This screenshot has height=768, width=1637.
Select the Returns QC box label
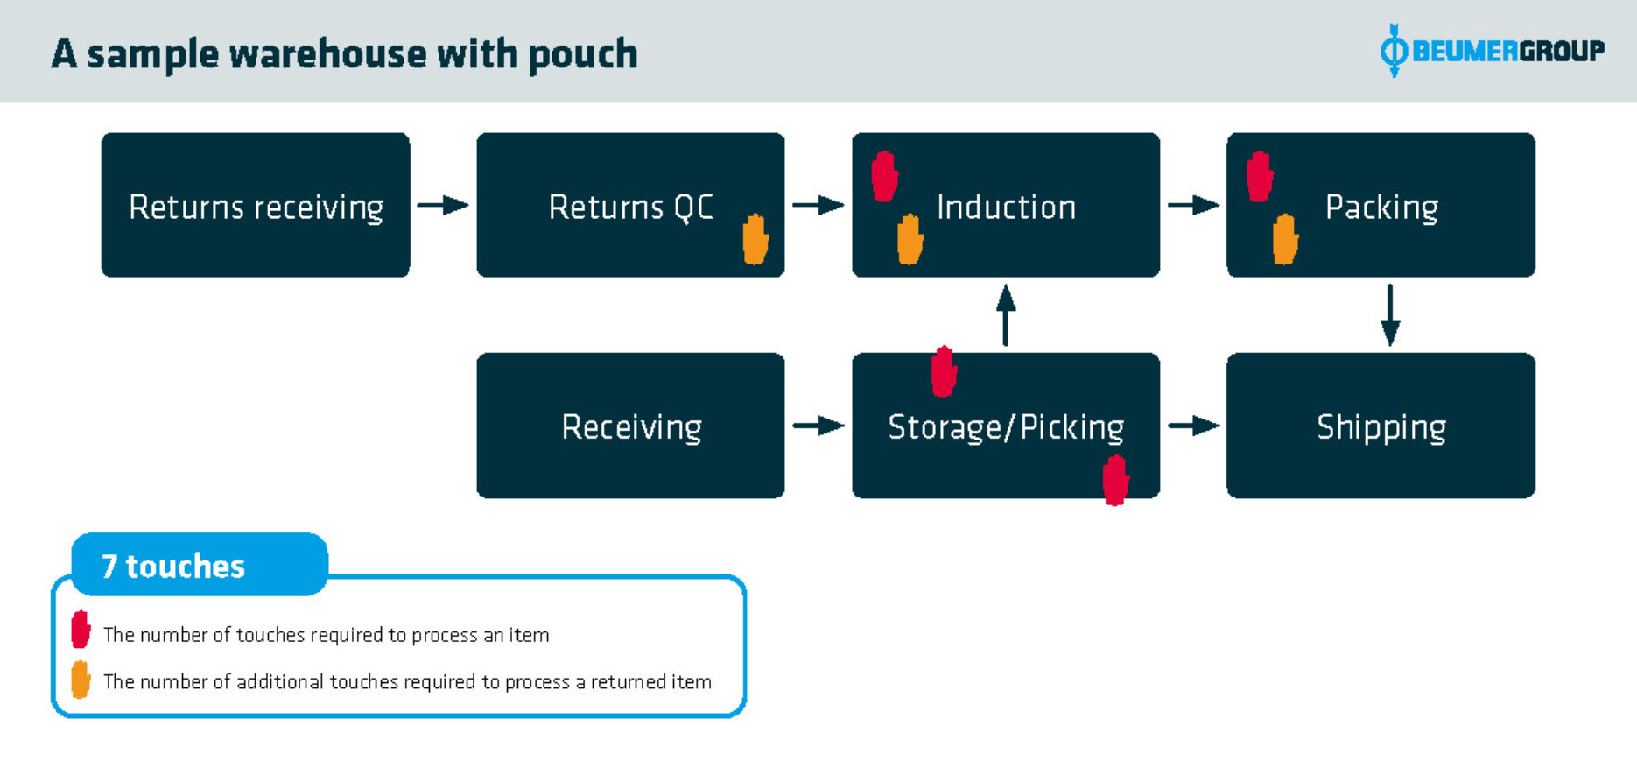pos(630,208)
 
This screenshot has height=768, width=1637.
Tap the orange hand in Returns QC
pos(755,238)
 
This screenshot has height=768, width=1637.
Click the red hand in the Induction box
pos(884,177)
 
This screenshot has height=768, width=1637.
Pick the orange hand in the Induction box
pos(910,239)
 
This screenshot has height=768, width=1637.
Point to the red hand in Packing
pos(1259,177)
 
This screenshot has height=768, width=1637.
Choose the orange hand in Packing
pos(1284,239)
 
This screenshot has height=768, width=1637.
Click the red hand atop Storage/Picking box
pos(943,372)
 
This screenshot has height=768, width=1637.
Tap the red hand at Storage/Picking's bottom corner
pos(1114,480)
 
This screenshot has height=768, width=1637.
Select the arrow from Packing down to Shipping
pos(1389,314)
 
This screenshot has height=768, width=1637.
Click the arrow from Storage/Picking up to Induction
pos(1006,314)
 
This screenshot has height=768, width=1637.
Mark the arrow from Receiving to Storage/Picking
pos(818,426)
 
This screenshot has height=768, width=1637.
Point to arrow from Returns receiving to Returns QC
pos(443,206)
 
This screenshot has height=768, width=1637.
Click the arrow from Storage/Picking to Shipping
pos(1193,426)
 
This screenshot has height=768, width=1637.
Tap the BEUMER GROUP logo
pos(1492,51)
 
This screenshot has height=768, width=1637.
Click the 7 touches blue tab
pos(199,566)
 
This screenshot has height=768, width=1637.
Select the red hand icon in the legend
pos(81,630)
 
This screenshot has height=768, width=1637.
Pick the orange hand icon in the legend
pos(81,680)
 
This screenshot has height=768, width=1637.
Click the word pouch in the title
pos(582,55)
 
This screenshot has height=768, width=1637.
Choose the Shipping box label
pos(1381,427)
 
